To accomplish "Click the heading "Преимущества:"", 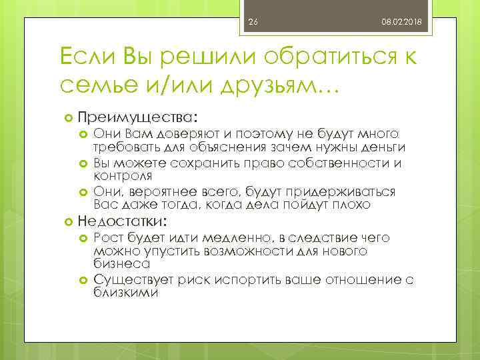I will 138,117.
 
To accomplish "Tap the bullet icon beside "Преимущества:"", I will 67,118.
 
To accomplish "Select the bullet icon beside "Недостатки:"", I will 67,221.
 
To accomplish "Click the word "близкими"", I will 126,292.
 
